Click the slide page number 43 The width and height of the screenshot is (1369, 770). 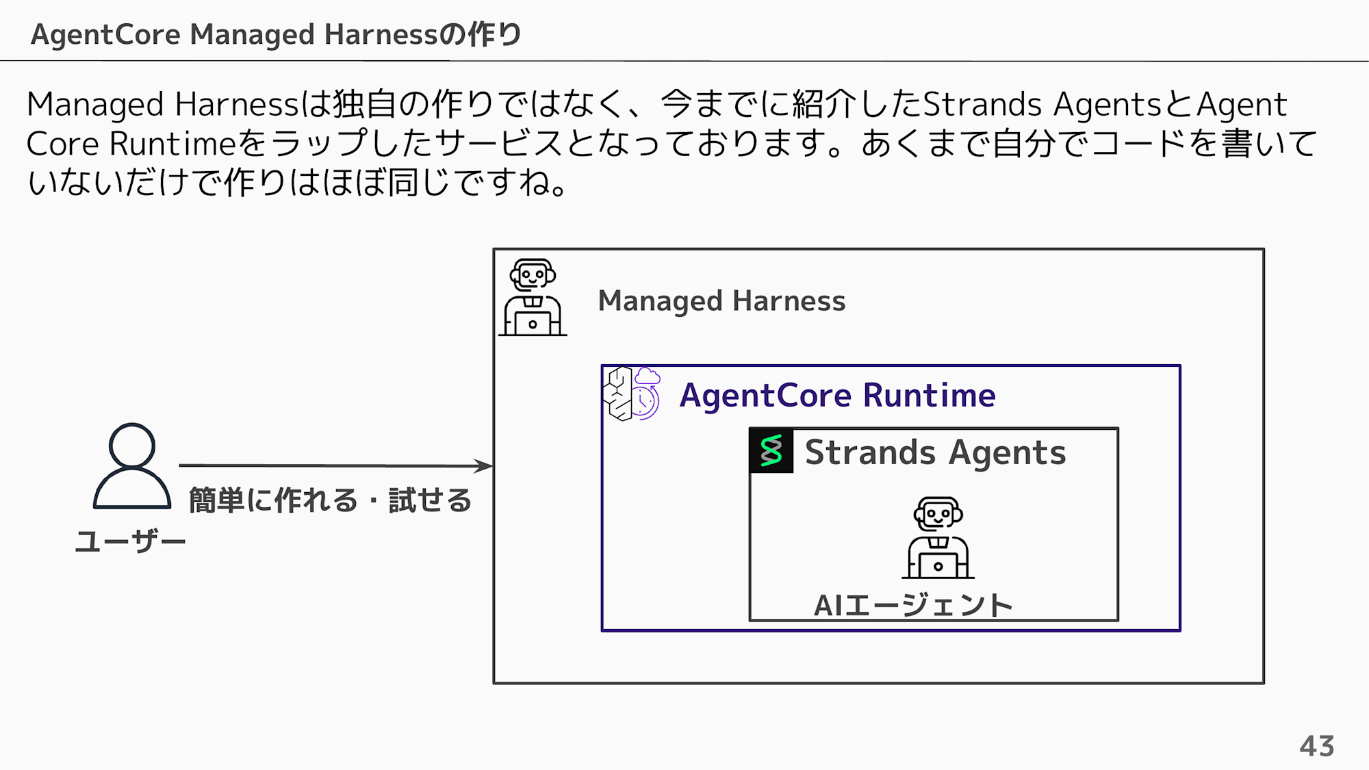pyautogui.click(x=1317, y=746)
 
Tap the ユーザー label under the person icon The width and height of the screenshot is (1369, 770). pyautogui.click(x=130, y=541)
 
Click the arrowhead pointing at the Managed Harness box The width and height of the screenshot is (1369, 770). pyautogui.click(x=484, y=466)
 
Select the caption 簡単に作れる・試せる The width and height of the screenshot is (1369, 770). pyautogui.click(x=330, y=500)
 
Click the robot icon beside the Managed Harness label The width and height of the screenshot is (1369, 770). pyautogui.click(x=533, y=297)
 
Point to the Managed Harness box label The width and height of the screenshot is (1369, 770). pyautogui.click(x=721, y=301)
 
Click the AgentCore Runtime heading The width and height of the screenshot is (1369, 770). pyautogui.click(x=837, y=396)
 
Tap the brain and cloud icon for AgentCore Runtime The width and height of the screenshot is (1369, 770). pyautogui.click(x=632, y=393)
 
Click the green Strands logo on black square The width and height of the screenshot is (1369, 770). pyautogui.click(x=771, y=450)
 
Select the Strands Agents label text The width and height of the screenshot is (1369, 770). pyautogui.click(x=935, y=452)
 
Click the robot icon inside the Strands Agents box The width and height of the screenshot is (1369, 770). pyautogui.click(x=938, y=538)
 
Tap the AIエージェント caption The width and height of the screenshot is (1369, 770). pyautogui.click(x=913, y=605)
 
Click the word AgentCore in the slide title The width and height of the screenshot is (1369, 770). pyautogui.click(x=105, y=35)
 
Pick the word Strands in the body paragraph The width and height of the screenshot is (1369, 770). pyautogui.click(x=982, y=105)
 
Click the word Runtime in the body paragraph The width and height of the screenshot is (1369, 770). pyautogui.click(x=172, y=144)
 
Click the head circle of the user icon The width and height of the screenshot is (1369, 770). pyautogui.click(x=132, y=446)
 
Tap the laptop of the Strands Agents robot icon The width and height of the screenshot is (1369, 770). pyautogui.click(x=938, y=566)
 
